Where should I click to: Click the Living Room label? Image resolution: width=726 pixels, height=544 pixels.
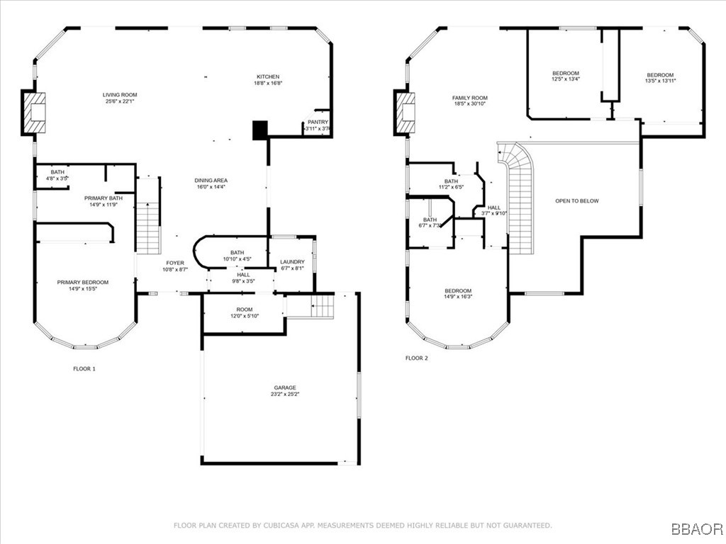(120, 94)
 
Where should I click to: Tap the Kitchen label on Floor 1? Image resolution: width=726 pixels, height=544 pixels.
(268, 76)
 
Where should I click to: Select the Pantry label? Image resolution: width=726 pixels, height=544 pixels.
(318, 122)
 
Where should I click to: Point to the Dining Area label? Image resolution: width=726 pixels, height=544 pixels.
(211, 181)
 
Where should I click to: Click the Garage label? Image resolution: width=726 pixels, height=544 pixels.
(285, 387)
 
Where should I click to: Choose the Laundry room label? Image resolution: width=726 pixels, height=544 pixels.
(291, 261)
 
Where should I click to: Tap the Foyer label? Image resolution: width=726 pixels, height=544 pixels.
(175, 263)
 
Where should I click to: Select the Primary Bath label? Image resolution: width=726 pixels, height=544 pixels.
(103, 198)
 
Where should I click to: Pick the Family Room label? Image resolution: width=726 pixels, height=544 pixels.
(469, 98)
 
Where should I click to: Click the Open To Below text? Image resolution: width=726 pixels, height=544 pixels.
(576, 200)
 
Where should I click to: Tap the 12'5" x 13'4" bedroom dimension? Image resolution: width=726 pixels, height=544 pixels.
(566, 80)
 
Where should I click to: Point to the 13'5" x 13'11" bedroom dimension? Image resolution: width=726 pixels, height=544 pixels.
(659, 81)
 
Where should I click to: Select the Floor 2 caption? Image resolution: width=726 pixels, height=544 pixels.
(417, 358)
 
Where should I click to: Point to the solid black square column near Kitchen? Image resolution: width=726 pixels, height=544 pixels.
(260, 130)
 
